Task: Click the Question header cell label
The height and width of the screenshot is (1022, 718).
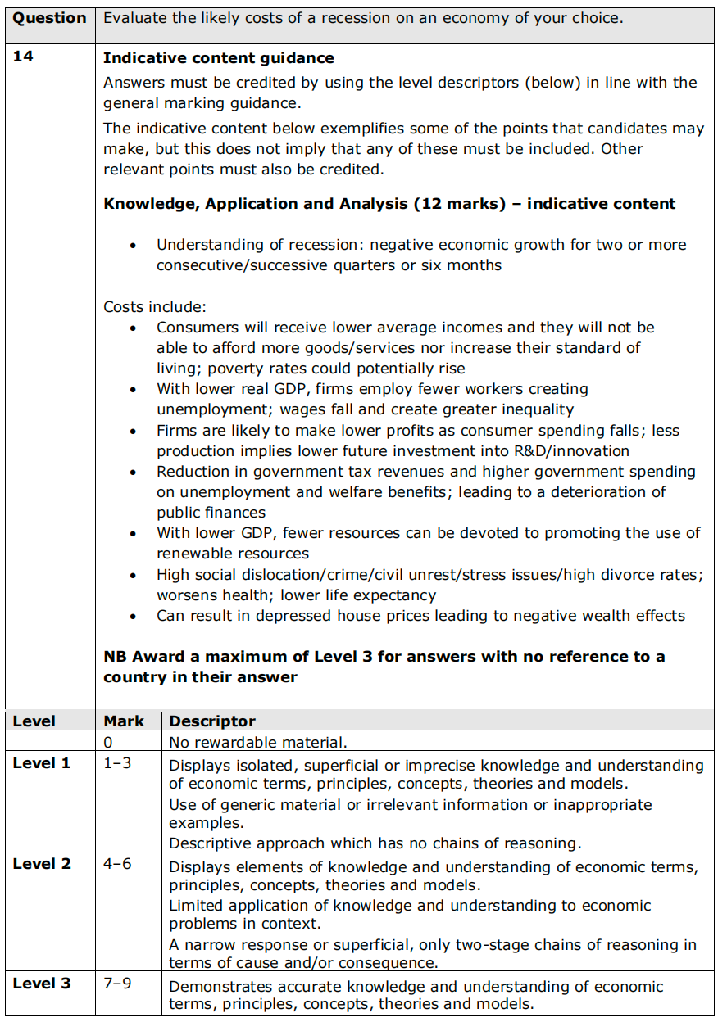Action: (49, 18)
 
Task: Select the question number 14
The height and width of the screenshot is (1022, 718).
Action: (23, 58)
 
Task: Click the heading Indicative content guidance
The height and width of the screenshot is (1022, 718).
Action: (219, 58)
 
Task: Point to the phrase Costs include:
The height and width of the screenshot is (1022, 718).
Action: (155, 307)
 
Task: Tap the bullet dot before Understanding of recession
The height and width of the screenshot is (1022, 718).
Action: (134, 246)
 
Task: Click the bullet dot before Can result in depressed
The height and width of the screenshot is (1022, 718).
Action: (134, 617)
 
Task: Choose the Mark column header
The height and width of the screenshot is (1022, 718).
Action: (124, 721)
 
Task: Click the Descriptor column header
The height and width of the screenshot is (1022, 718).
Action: (212, 721)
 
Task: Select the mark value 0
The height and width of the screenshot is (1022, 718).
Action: (108, 743)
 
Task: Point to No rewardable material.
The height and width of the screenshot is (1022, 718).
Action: (258, 743)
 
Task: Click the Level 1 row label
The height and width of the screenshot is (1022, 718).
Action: (42, 763)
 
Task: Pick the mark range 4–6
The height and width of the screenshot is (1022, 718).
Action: (117, 865)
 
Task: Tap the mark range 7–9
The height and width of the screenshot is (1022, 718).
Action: (117, 984)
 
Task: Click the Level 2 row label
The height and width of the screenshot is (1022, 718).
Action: (42, 865)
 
